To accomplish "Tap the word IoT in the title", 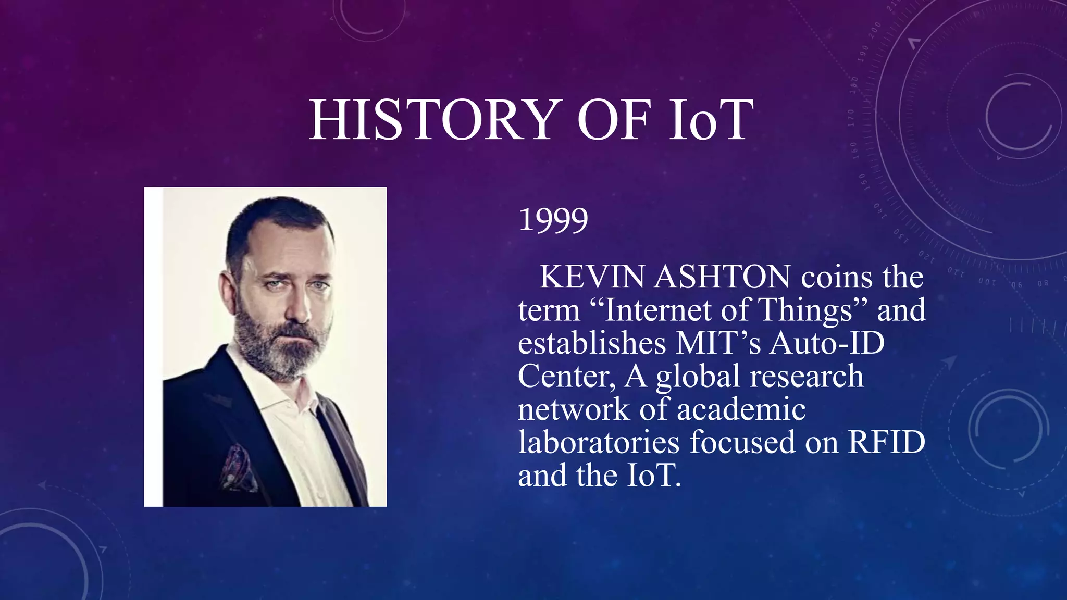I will click(712, 120).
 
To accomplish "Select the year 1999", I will click(553, 220).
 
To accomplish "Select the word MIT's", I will click(718, 343).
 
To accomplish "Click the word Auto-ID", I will click(827, 343).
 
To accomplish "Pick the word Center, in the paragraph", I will click(567, 377).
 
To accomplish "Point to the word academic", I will click(741, 409).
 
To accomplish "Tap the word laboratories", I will click(599, 443).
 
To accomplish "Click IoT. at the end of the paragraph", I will click(654, 476).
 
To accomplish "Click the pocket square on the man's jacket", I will click(237, 466).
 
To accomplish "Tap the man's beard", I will click(281, 349).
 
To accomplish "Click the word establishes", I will click(592, 343).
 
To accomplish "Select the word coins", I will click(837, 277).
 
